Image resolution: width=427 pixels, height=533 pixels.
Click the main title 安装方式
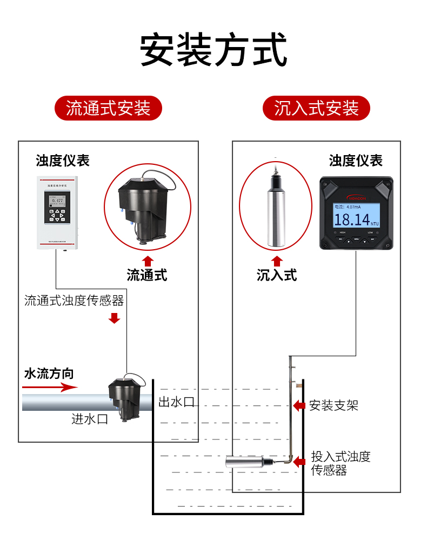point(213,50)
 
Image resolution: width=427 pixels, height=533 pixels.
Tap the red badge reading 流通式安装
point(108,108)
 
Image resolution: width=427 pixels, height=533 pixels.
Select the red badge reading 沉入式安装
point(316,108)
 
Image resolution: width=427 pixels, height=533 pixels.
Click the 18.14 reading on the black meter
point(352,219)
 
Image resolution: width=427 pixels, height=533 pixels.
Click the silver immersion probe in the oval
point(276,208)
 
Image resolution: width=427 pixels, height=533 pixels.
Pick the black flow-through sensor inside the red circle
point(146,209)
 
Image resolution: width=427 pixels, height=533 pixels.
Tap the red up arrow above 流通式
point(148,261)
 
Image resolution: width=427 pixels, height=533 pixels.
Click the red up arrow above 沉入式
point(277,261)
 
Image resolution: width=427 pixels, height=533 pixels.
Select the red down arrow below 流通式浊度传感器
point(114,318)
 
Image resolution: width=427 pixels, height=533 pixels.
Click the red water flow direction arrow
point(50,387)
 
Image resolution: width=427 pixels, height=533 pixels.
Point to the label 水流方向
point(49,374)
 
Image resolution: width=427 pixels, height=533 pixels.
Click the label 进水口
point(90,419)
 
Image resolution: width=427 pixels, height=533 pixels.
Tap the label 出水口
point(176,402)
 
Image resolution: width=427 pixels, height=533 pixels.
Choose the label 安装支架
point(333,405)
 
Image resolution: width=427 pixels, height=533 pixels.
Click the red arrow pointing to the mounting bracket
point(298,405)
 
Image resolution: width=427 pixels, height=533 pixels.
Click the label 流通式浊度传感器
point(74,301)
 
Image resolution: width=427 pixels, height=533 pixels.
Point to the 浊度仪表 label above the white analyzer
point(63,161)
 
